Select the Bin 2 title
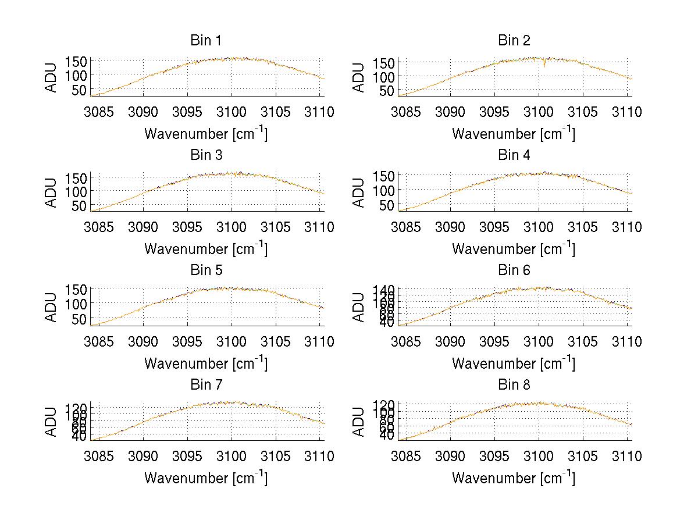pos(514,40)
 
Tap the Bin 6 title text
pos(514,270)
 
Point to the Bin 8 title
pos(514,384)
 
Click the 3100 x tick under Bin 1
pos(232,112)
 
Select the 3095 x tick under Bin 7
pos(187,456)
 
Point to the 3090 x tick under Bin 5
pos(143,341)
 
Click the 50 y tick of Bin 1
pos(80,90)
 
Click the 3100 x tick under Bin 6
pos(539,341)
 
